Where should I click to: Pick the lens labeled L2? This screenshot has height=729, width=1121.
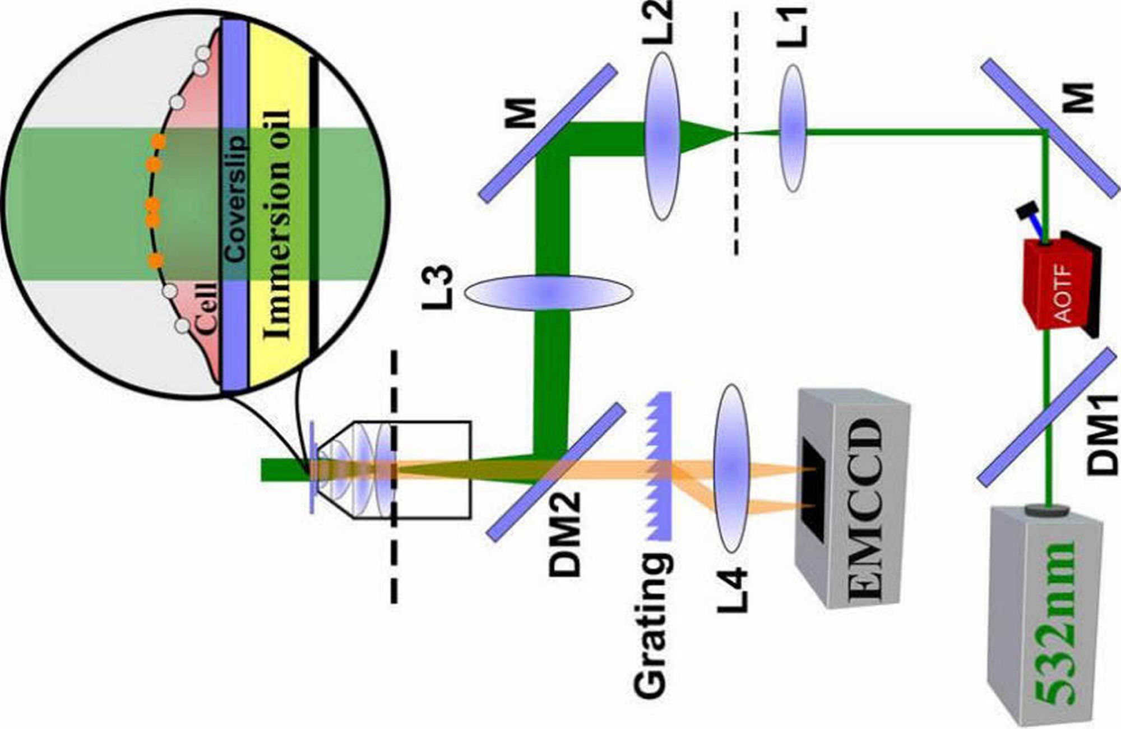[663, 136]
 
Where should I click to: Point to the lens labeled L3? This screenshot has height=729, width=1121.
[549, 292]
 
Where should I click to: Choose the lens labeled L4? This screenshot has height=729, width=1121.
[731, 468]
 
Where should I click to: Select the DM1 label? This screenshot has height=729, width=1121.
[1101, 435]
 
